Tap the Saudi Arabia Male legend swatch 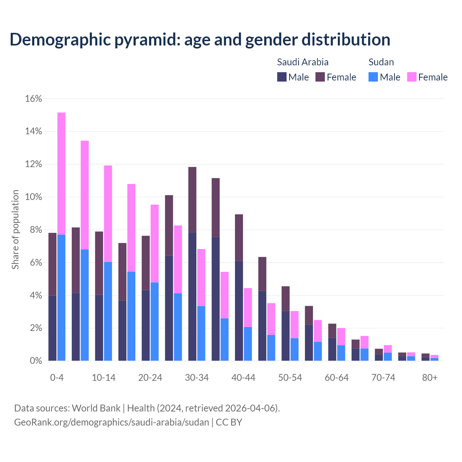[x=282, y=77]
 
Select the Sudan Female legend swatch [x=411, y=77]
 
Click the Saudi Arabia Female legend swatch [x=320, y=77]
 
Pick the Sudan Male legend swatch [x=373, y=77]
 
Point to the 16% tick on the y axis [x=34, y=99]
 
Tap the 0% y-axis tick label [x=35, y=361]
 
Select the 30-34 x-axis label [x=197, y=378]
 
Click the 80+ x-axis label [x=430, y=378]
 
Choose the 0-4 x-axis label [x=57, y=378]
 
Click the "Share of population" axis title [x=15, y=230]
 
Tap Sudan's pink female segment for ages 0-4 [x=61, y=173]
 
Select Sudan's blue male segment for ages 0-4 [x=61, y=298]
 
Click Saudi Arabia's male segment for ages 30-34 [x=192, y=296]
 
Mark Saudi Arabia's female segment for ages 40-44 [x=239, y=237]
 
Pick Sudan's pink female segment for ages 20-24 [x=154, y=244]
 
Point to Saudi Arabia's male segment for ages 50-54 [x=286, y=336]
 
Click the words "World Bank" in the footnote [x=96, y=408]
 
